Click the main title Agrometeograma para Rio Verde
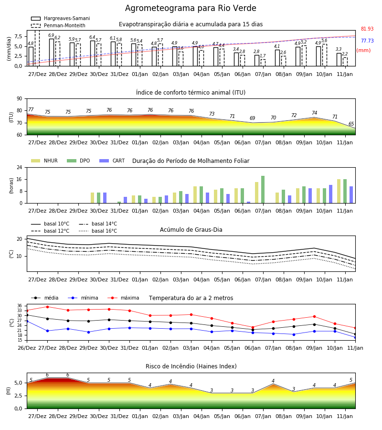coord(191,8)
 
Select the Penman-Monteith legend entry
coord(58,25)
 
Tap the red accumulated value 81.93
coord(367,29)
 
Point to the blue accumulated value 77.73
coord(367,41)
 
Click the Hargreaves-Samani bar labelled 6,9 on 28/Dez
coord(52,53)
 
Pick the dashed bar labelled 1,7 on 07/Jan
coord(263,63)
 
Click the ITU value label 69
coord(253,118)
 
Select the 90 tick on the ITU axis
coord(20,99)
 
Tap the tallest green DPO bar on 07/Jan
coord(263,190)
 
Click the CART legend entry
coord(112,161)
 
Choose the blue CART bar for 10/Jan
coord(331,194)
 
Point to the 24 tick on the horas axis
coord(20,167)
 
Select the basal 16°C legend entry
coord(98,231)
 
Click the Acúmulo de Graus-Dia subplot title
coord(191,230)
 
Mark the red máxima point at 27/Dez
coord(47,307)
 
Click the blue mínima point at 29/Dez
coord(88,332)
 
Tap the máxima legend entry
coord(123,298)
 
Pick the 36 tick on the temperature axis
coord(20,306)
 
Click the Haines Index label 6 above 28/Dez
coord(47,375)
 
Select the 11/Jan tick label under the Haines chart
coord(345,416)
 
